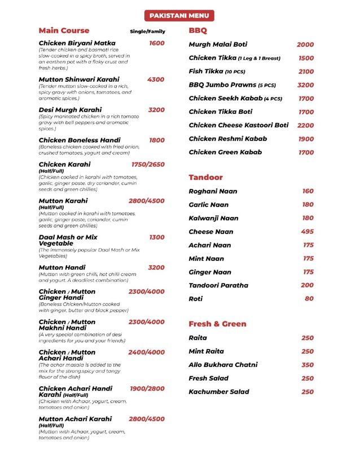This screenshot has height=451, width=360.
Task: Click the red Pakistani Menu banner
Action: point(179,15)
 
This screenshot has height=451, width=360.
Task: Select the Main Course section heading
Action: point(64,30)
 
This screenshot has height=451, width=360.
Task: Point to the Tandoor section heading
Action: point(205,177)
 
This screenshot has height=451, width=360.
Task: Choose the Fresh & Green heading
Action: point(217,324)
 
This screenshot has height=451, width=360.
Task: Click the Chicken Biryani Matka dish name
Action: point(77,43)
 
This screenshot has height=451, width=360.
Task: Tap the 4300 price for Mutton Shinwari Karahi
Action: point(156,79)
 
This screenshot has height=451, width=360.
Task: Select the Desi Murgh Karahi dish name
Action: point(70,110)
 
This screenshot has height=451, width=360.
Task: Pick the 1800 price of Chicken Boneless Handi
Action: point(157,140)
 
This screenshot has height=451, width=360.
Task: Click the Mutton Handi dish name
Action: point(62,268)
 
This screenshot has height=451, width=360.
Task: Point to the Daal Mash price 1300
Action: point(157,237)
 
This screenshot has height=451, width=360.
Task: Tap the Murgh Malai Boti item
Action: point(218,45)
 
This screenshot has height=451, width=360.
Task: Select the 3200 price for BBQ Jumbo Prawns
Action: point(305,85)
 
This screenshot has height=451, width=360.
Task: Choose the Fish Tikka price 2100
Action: point(306,72)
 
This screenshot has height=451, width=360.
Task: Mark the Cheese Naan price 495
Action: point(308,232)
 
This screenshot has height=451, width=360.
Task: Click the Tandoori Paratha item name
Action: point(218,285)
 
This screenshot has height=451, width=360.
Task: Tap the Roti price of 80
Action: point(309,299)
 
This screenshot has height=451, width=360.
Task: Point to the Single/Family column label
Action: point(147,32)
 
